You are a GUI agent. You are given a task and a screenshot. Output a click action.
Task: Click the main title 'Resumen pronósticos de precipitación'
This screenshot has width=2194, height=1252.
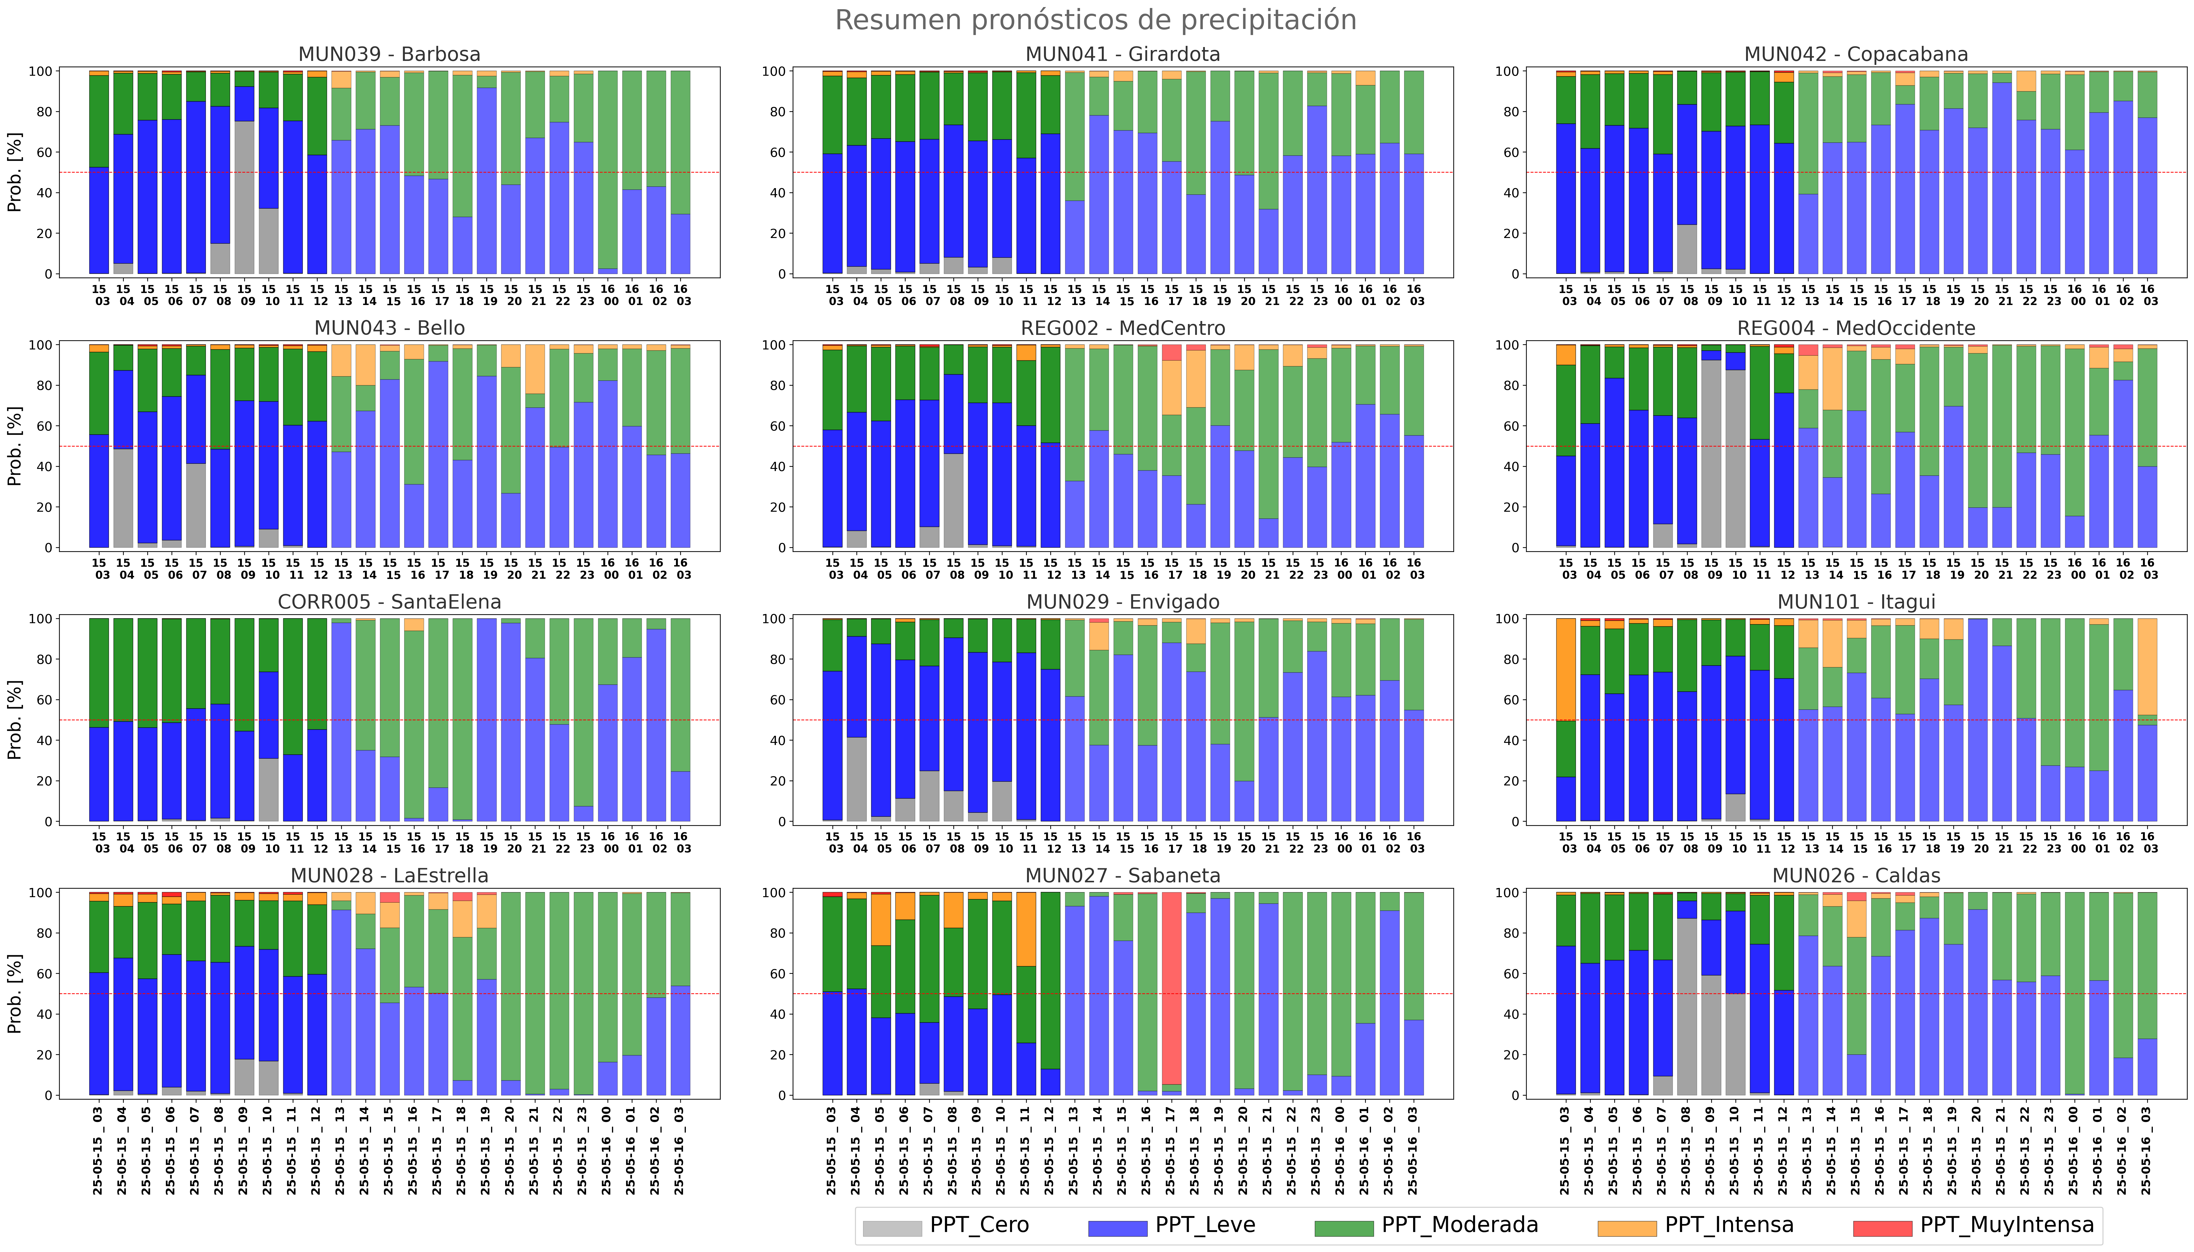click(1096, 20)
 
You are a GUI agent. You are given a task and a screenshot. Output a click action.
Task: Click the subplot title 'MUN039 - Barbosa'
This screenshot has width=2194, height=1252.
click(389, 54)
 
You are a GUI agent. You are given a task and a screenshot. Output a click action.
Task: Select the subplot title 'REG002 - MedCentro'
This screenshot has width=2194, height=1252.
click(1122, 328)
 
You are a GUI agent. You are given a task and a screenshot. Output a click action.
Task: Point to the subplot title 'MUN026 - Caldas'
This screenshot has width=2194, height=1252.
click(1856, 875)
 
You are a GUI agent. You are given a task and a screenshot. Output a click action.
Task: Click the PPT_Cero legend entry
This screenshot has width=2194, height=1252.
click(946, 1225)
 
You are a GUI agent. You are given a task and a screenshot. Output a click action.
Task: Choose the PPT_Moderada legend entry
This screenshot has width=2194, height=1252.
click(1426, 1225)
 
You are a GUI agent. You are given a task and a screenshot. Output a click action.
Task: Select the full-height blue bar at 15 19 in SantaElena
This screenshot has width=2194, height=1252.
click(487, 720)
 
